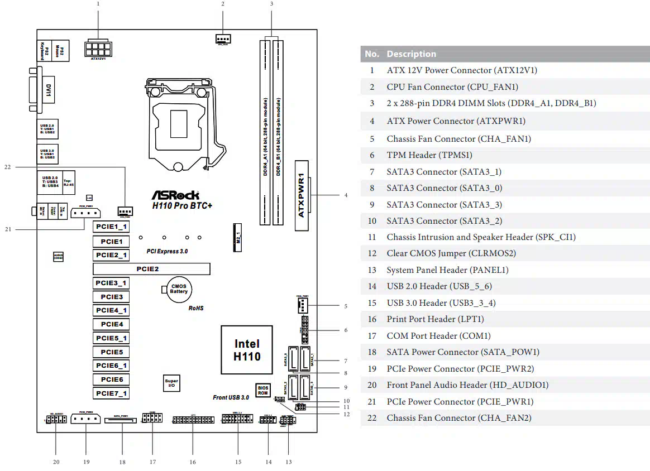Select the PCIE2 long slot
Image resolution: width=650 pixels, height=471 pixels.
pos(151,269)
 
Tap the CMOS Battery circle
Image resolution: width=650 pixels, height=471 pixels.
pos(179,288)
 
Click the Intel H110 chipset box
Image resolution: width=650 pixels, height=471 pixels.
pos(246,350)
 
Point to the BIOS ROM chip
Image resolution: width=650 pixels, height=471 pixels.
pos(262,390)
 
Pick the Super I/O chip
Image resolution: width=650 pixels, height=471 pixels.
pos(171,383)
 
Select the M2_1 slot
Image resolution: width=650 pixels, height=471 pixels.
pos(237,237)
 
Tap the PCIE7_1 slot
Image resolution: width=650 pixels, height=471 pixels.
pos(111,393)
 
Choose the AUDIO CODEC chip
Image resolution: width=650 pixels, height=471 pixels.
pos(58,257)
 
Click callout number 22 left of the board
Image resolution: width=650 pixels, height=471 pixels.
pos(7,166)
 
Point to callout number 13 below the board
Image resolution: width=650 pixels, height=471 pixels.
pos(289,462)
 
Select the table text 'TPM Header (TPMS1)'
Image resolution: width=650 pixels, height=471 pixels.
pos(429,155)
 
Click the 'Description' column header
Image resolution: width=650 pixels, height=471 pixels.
pos(411,54)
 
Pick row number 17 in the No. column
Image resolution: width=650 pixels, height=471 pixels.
pos(372,336)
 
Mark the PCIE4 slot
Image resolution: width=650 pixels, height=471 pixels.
pos(111,324)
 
